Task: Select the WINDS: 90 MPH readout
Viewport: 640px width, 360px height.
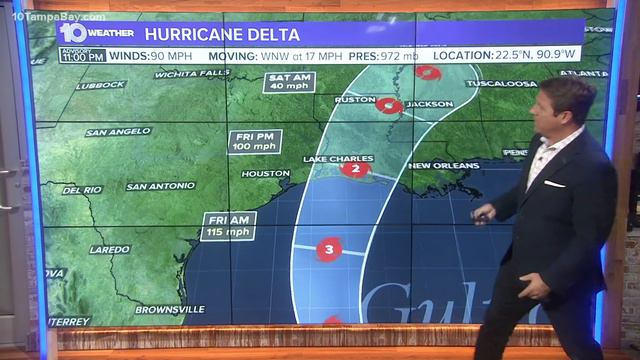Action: [151, 56]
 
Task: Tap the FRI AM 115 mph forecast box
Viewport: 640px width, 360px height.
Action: [227, 226]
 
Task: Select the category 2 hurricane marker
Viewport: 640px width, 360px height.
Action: [355, 169]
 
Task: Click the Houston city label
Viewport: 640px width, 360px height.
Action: [266, 174]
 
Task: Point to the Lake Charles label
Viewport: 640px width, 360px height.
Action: [338, 159]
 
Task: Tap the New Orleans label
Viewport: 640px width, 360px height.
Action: [443, 165]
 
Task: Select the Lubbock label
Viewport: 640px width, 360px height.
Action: [101, 85]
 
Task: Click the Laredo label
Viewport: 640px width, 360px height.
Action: [110, 249]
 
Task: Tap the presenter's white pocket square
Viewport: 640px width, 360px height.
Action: [555, 184]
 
